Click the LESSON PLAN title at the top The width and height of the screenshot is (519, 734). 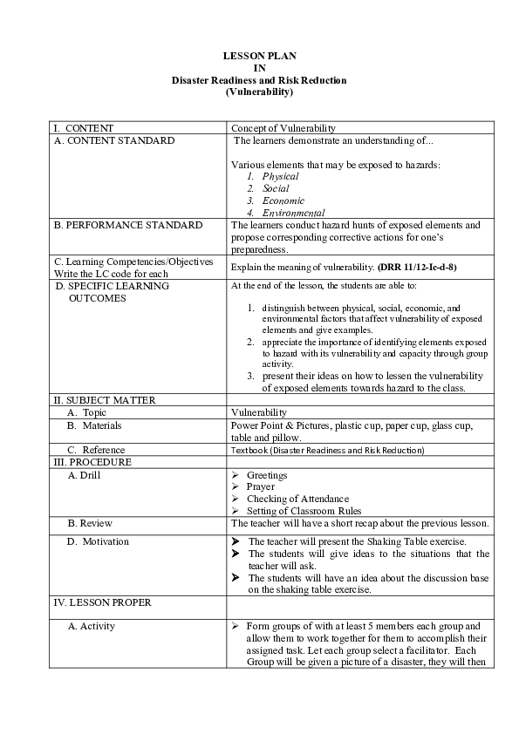pyautogui.click(x=259, y=56)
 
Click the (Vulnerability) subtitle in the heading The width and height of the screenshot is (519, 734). pyautogui.click(x=259, y=92)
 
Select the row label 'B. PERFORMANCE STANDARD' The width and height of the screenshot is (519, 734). pyautogui.click(x=127, y=225)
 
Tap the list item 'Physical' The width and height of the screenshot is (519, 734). pyautogui.click(x=280, y=176)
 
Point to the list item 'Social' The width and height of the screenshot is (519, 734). pyautogui.click(x=276, y=188)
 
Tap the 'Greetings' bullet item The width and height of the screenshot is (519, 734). pyautogui.click(x=267, y=475)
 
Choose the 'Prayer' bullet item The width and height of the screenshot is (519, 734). pyautogui.click(x=261, y=487)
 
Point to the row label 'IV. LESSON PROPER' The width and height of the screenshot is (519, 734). pyautogui.click(x=101, y=602)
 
